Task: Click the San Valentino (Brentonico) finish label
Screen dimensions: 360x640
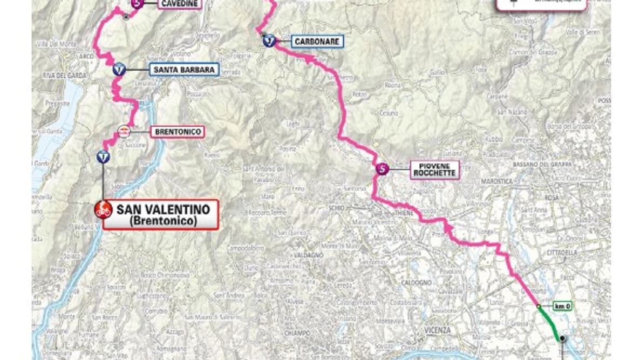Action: [160, 214]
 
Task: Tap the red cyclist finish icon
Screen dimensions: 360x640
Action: [103, 209]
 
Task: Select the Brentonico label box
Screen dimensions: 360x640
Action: [177, 131]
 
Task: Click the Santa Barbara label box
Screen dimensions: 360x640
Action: [184, 70]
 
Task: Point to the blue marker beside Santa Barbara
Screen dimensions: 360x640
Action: [119, 70]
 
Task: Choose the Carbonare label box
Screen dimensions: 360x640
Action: [317, 41]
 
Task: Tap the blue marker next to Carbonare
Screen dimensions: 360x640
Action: [269, 40]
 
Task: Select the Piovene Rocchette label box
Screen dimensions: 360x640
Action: [434, 170]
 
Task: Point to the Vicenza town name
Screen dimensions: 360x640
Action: [438, 329]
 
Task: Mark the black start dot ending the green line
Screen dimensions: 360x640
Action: [562, 338]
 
